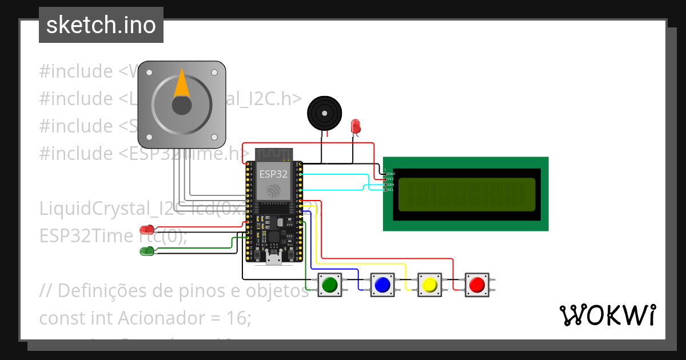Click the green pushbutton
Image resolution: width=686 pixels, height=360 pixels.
pyautogui.click(x=329, y=284)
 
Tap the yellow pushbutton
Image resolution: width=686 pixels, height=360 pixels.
pyautogui.click(x=429, y=284)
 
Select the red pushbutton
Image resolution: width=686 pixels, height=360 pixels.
pyautogui.click(x=477, y=284)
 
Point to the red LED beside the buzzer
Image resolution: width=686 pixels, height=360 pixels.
pyautogui.click(x=355, y=126)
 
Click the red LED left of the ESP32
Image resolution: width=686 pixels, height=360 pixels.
pyautogui.click(x=147, y=230)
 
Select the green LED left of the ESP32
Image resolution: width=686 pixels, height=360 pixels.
pyautogui.click(x=147, y=250)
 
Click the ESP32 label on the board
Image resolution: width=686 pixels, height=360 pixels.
pyautogui.click(x=273, y=174)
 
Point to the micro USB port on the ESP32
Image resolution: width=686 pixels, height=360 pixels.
pyautogui.click(x=274, y=260)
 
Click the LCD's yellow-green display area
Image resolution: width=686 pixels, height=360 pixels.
pyautogui.click(x=466, y=194)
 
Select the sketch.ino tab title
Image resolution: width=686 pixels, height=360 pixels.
pyautogui.click(x=101, y=25)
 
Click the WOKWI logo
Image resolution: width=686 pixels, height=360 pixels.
pyautogui.click(x=607, y=315)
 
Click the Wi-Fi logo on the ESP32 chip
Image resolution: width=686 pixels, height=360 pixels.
pyautogui.click(x=273, y=190)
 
